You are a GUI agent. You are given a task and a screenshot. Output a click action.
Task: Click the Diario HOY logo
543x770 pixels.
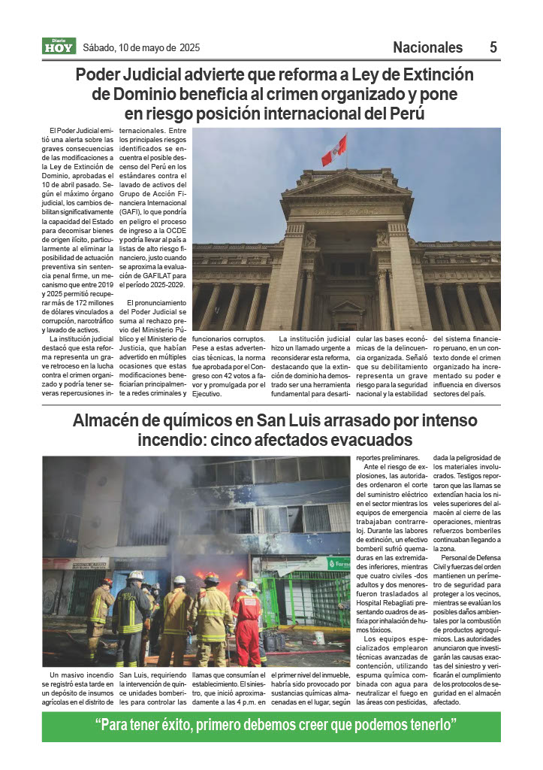click(x=58, y=47)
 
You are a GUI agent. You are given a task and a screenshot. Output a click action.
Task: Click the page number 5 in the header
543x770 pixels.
click(x=493, y=47)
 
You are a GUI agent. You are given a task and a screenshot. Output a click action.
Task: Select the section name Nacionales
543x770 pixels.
click(x=427, y=47)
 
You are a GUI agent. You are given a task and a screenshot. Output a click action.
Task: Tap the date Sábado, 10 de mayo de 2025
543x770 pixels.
click(x=140, y=48)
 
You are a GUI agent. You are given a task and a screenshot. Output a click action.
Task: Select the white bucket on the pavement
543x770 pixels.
click(x=319, y=638)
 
